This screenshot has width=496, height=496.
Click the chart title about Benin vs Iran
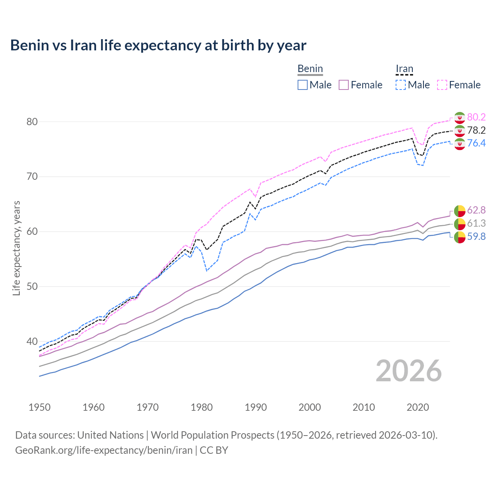(158, 45)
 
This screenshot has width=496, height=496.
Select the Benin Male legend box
(303, 85)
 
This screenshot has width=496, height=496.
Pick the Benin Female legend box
(344, 85)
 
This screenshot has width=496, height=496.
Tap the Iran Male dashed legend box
(401, 85)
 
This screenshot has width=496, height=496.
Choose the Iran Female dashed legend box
(442, 85)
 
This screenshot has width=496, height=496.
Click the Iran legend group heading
(404, 69)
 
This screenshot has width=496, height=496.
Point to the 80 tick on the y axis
(32, 122)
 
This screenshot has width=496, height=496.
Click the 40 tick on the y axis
(32, 341)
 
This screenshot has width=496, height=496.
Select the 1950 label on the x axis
(40, 407)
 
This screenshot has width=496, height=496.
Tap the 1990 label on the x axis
(256, 407)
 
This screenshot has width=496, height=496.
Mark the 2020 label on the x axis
(418, 407)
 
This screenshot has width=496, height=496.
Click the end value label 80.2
(476, 117)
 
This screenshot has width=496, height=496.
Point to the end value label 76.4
(476, 143)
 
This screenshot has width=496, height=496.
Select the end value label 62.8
(476, 210)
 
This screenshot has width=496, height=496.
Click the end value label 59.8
(476, 236)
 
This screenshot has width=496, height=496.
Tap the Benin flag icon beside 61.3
(460, 224)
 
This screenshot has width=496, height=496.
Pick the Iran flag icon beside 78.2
(460, 131)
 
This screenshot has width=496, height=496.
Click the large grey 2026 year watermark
(408, 371)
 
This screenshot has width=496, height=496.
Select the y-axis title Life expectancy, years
(16, 248)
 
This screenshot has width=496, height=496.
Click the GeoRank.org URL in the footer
(104, 450)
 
